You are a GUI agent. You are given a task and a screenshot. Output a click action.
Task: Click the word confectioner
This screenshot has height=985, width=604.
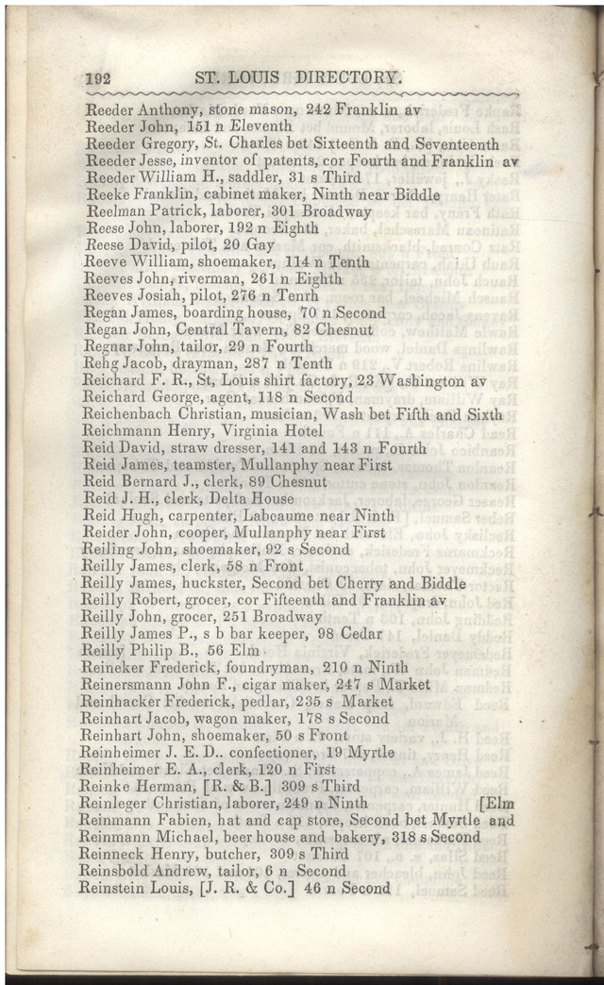point(267,753)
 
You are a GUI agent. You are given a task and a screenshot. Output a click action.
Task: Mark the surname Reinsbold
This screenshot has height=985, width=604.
point(119,871)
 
